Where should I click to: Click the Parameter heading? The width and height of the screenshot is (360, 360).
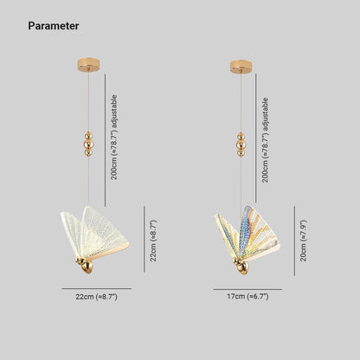(x=54, y=26)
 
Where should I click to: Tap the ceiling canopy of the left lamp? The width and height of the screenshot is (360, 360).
(x=88, y=65)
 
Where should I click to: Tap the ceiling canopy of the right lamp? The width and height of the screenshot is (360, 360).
(x=241, y=67)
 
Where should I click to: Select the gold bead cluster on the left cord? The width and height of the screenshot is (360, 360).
(x=88, y=145)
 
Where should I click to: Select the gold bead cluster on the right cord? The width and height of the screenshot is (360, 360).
(x=241, y=145)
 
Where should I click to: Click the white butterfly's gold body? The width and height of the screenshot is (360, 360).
(x=85, y=266)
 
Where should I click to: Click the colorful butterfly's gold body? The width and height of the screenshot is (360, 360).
(x=241, y=266)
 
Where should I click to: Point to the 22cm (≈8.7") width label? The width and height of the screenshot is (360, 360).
(x=97, y=297)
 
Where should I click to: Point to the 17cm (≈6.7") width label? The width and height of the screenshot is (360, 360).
(x=247, y=296)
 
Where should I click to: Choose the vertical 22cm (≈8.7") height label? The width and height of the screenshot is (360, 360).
(x=153, y=241)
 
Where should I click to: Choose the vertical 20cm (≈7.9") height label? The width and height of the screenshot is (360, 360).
(x=304, y=241)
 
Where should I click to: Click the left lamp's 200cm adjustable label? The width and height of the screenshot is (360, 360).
(x=114, y=138)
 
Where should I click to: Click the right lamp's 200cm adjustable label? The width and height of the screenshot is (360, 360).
(x=265, y=140)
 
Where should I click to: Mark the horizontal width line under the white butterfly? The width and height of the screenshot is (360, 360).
(x=97, y=288)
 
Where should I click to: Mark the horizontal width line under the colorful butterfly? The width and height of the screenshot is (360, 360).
(x=247, y=289)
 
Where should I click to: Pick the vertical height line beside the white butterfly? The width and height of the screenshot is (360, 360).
(x=145, y=239)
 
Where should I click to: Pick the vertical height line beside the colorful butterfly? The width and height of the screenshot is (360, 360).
(x=294, y=241)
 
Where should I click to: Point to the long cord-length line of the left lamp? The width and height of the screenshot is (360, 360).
(x=105, y=140)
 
